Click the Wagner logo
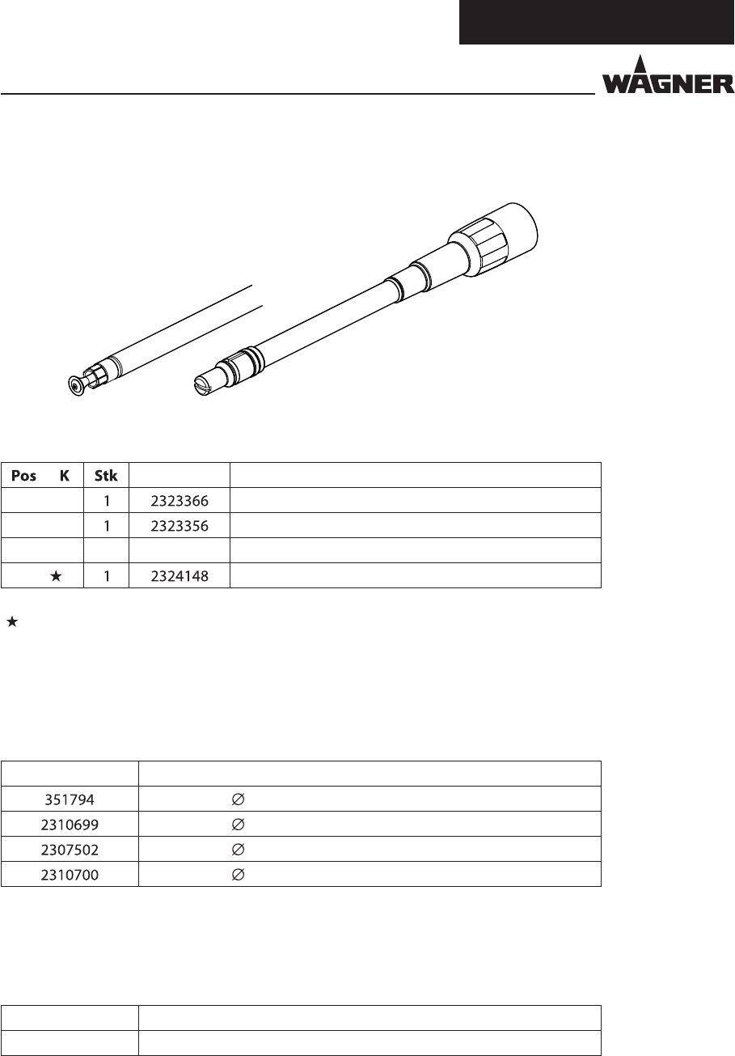coord(668,74)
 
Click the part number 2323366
coord(180,501)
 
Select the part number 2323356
coord(180,526)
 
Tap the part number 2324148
coord(180,576)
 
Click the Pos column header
coord(23,476)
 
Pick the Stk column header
coord(106,476)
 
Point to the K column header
coord(65,476)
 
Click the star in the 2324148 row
coord(56,575)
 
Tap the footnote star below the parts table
coord(12,621)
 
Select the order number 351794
coord(70,800)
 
